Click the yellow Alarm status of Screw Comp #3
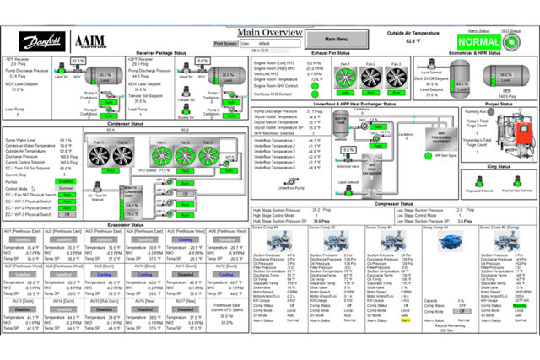[x=405, y=321]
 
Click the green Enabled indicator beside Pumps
[x=62, y=180]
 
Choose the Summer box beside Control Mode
[x=62, y=188]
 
